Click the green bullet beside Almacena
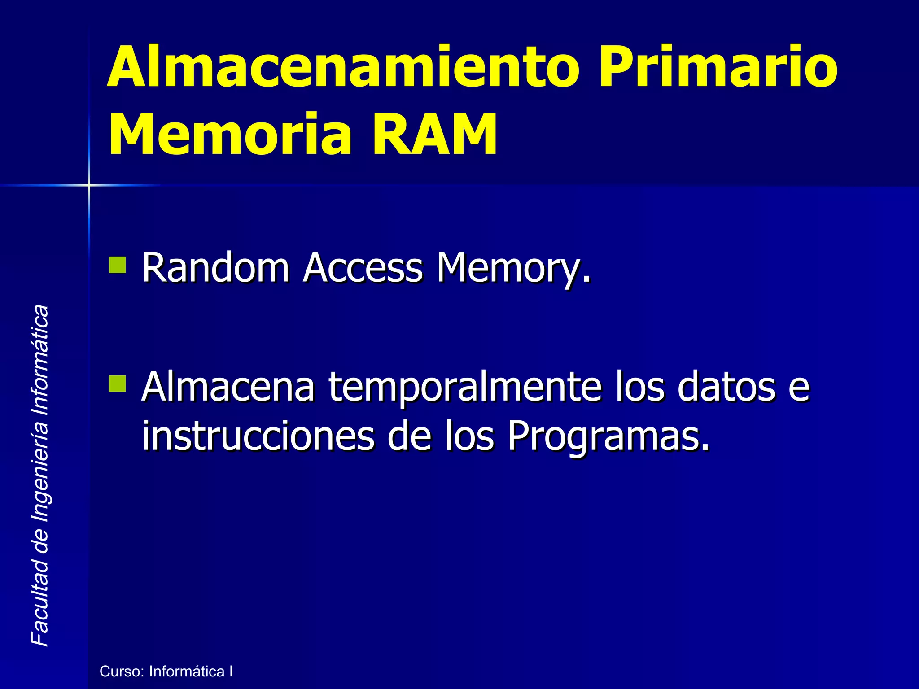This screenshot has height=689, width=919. pyautogui.click(x=118, y=384)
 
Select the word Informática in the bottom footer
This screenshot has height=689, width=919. pyautogui.click(x=187, y=672)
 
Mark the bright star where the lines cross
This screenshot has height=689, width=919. pyautogui.click(x=89, y=185)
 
